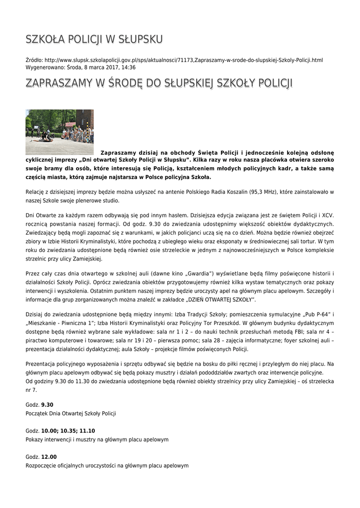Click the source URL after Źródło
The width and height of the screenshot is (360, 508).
[184, 60]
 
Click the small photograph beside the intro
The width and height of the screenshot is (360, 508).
[60, 131]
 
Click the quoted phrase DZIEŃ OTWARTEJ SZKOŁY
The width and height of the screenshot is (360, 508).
[221, 300]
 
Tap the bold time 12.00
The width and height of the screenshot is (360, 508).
[49, 457]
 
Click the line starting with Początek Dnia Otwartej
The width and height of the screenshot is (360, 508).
[71, 413]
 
